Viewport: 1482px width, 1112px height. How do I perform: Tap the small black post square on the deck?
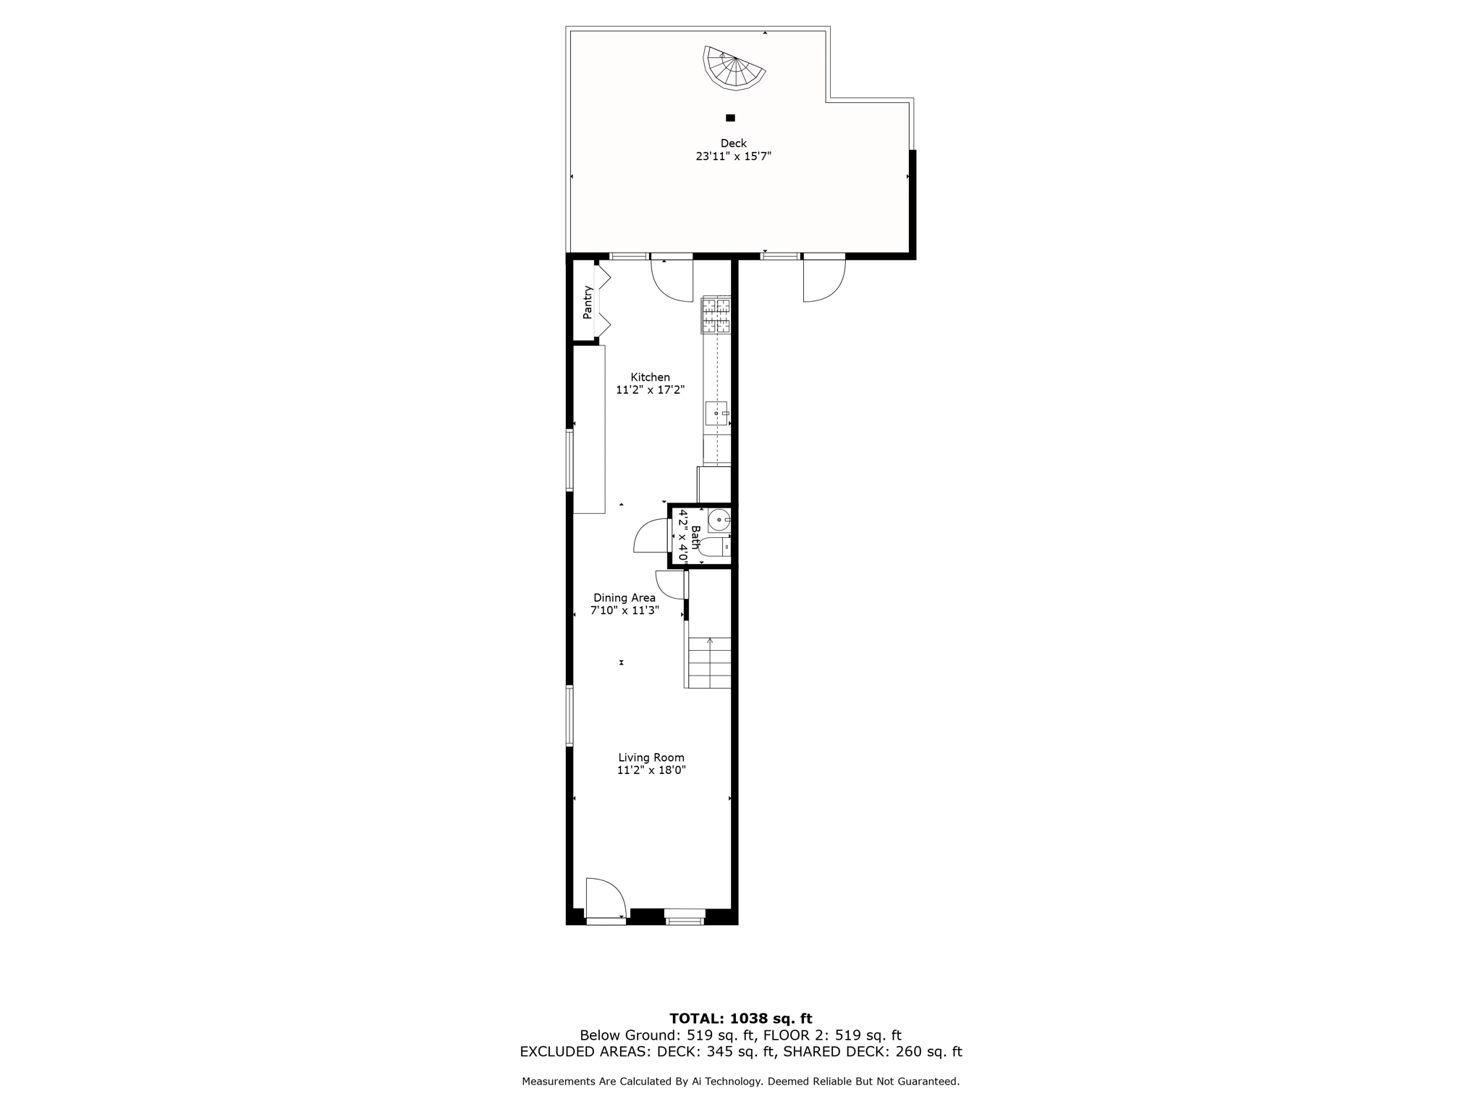tap(730, 118)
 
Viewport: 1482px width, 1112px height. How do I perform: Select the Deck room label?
tap(733, 143)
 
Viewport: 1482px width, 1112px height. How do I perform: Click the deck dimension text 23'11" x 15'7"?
tap(733, 156)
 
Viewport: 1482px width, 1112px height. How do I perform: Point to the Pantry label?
tap(588, 302)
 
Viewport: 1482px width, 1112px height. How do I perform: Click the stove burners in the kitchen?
tap(716, 316)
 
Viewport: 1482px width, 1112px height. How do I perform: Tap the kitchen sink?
tap(716, 413)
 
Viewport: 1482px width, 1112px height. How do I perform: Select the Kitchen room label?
tap(650, 377)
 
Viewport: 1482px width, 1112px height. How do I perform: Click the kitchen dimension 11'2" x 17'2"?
tap(650, 390)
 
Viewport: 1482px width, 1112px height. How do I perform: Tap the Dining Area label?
tap(624, 598)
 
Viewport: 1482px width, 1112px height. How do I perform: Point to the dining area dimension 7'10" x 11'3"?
tap(624, 611)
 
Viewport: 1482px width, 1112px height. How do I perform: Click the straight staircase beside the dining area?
tap(709, 662)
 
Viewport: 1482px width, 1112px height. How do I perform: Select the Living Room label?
tap(651, 758)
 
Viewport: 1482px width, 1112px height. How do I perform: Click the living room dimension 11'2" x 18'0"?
tap(651, 771)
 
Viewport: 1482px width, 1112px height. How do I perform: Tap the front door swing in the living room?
tap(604, 898)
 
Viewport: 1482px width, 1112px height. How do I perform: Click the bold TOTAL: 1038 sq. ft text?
tap(740, 1019)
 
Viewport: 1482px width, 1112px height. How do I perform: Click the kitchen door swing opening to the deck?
tap(673, 281)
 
